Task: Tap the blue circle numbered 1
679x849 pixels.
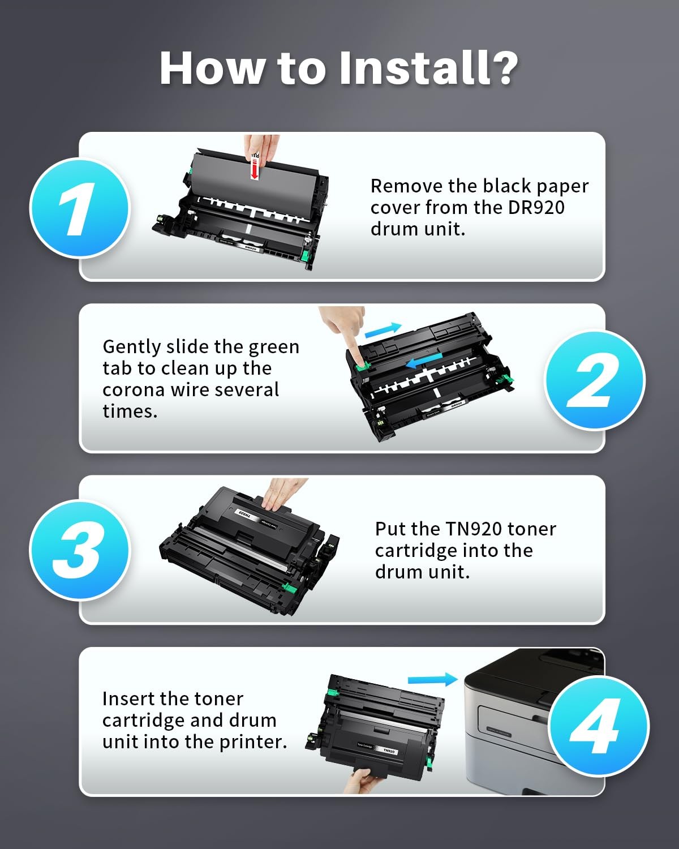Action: tap(80, 208)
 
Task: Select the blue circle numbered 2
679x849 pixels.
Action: tap(594, 380)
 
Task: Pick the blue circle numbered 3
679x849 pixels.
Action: tap(80, 550)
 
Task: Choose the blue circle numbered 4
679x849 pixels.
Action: tap(599, 726)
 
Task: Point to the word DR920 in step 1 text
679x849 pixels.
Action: tap(536, 208)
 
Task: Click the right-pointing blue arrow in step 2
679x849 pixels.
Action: tap(383, 330)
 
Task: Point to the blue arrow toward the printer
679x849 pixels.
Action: tap(433, 679)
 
